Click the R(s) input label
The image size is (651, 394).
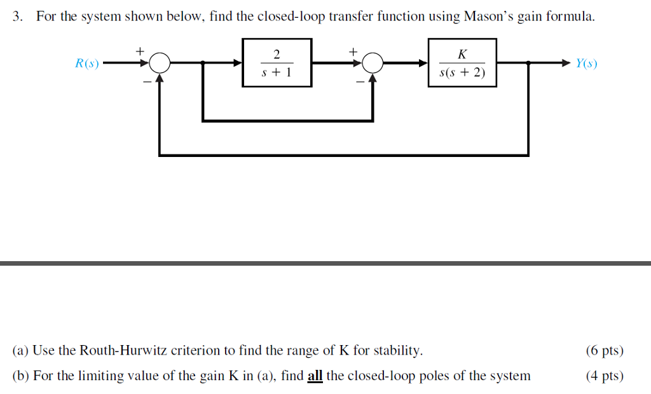click(86, 64)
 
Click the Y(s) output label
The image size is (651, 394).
click(586, 64)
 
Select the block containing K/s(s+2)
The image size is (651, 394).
click(462, 62)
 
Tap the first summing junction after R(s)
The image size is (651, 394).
click(160, 63)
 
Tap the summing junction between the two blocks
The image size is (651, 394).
click(373, 63)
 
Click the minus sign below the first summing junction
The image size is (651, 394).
click(146, 81)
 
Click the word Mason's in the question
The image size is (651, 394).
click(488, 17)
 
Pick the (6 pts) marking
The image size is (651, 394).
click(605, 350)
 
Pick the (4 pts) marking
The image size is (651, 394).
click(605, 376)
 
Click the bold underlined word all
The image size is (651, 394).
click(315, 376)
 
